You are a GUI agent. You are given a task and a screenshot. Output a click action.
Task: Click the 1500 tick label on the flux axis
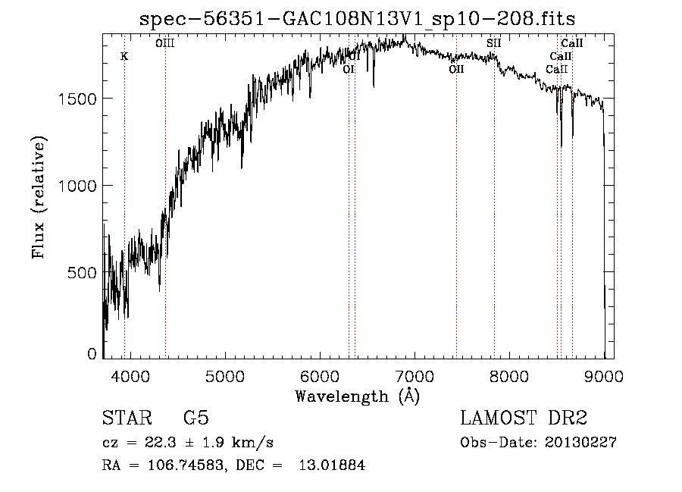coord(80,99)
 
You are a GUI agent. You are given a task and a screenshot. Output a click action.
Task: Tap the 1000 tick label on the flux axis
coord(80,185)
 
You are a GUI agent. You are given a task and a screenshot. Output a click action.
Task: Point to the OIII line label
coord(164,44)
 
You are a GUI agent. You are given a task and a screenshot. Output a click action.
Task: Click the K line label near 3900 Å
coord(124,56)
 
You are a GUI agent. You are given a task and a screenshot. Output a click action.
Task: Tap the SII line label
coord(493,43)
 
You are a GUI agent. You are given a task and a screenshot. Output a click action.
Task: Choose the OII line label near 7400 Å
coord(456,69)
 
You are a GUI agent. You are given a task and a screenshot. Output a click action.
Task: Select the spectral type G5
coord(196,418)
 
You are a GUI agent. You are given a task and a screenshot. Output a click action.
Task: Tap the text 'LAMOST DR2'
coord(524,418)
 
